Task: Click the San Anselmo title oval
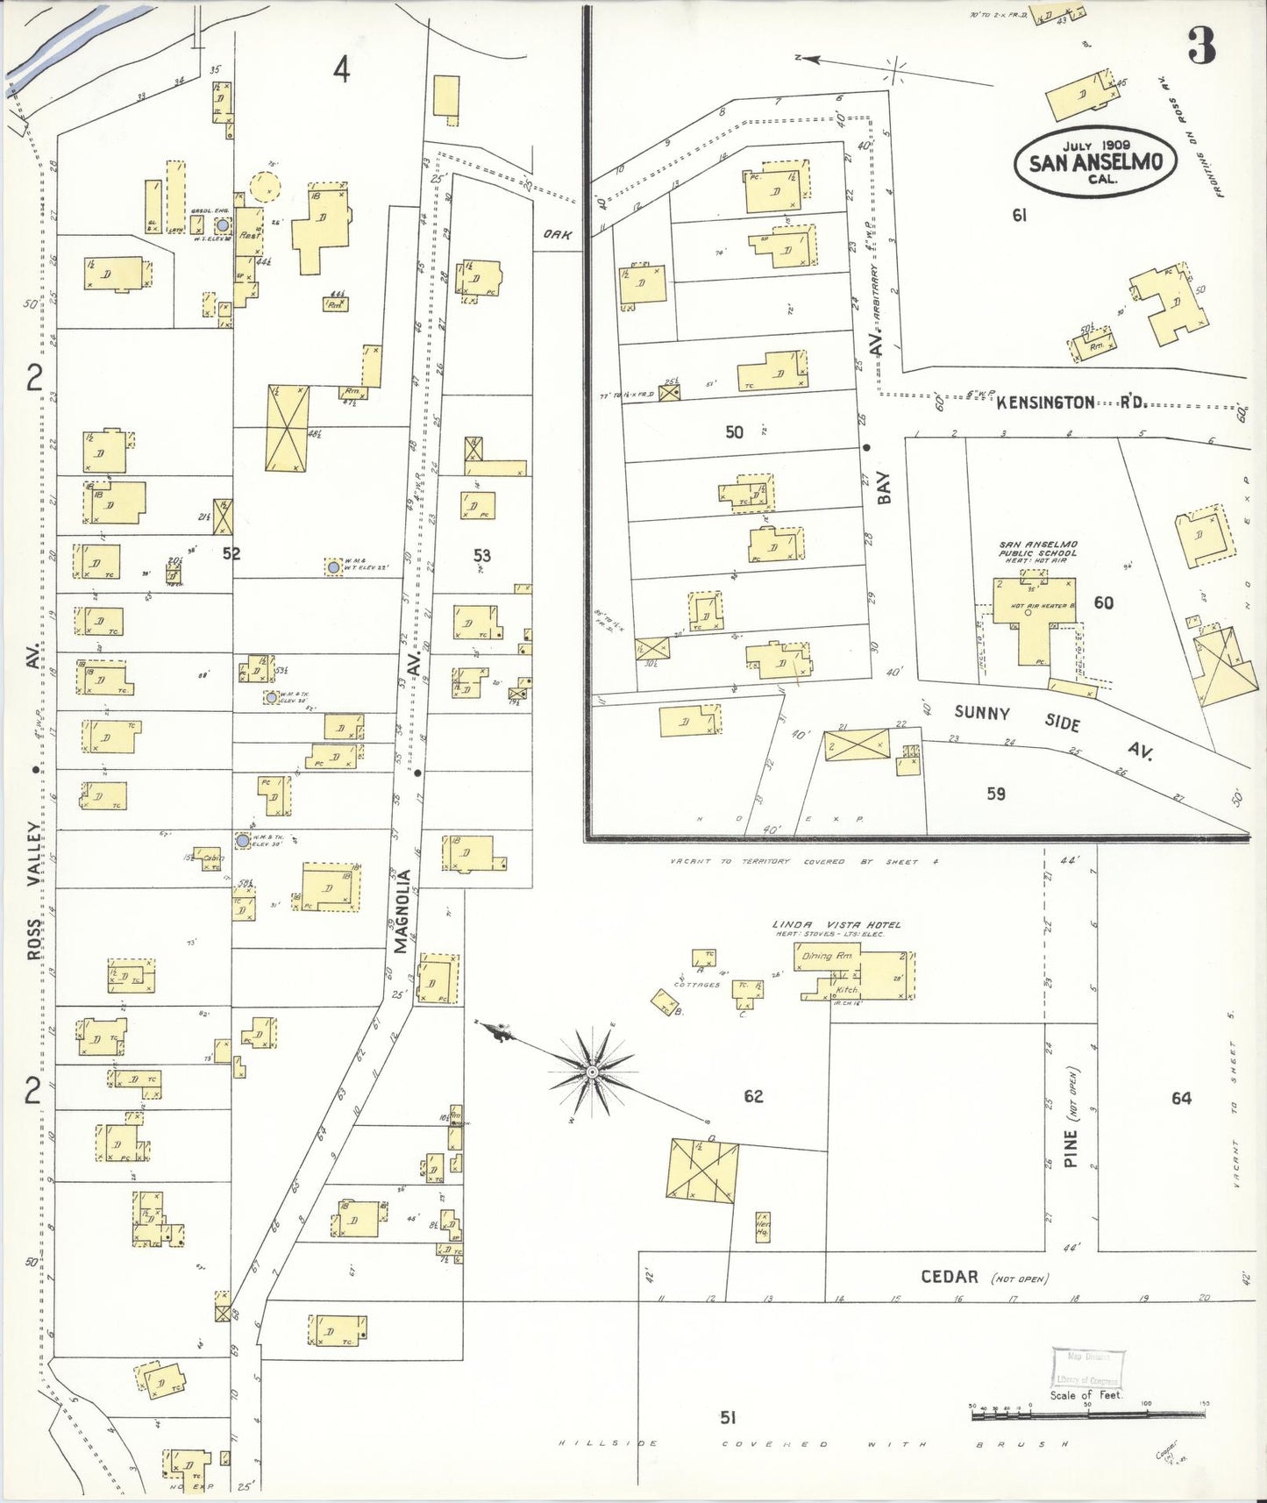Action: click(1094, 162)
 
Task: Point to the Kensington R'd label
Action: click(1070, 402)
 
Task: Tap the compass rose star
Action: click(593, 1072)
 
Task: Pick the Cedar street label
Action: click(949, 1277)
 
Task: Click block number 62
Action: click(753, 1096)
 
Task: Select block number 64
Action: click(1181, 1098)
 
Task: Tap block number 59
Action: click(996, 794)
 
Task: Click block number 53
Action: click(482, 555)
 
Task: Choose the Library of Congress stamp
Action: click(1087, 1368)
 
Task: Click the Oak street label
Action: click(558, 234)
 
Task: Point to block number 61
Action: click(1019, 215)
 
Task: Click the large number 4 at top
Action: click(341, 69)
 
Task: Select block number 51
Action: click(728, 1417)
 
